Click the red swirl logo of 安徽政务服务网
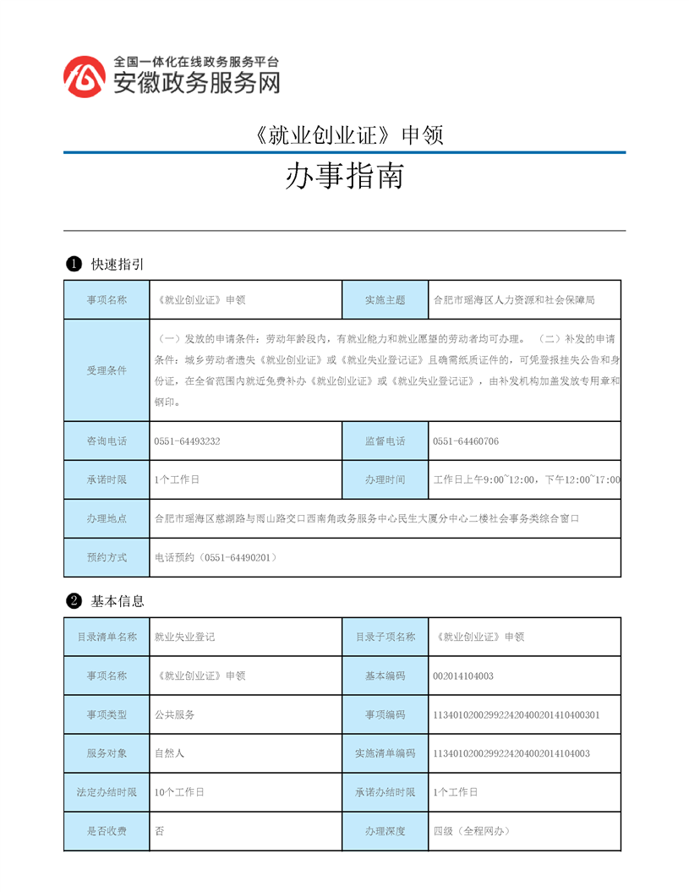tap(85, 77)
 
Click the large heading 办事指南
tap(343, 176)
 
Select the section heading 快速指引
tap(118, 265)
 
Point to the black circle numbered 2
tap(74, 601)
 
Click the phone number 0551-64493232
tap(188, 441)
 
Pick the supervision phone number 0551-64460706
tap(465, 441)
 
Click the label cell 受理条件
tap(107, 370)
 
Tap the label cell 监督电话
tap(385, 441)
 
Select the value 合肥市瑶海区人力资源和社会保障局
tap(514, 299)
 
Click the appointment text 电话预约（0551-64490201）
tap(216, 557)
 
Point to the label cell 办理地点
tap(107, 518)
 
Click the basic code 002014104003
tap(462, 676)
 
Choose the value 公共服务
tap(175, 714)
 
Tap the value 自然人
tap(169, 753)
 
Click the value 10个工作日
tap(179, 792)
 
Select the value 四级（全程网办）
tap(472, 831)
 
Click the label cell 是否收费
tap(107, 831)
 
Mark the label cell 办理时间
tap(385, 479)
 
